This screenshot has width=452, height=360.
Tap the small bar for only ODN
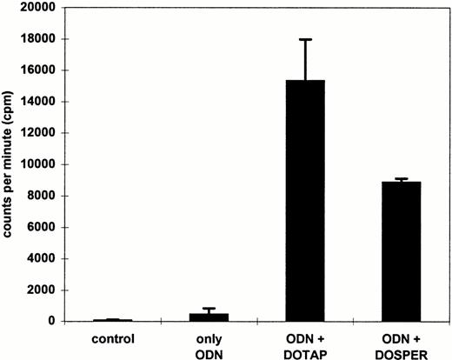209,317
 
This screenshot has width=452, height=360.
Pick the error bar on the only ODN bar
209,310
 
